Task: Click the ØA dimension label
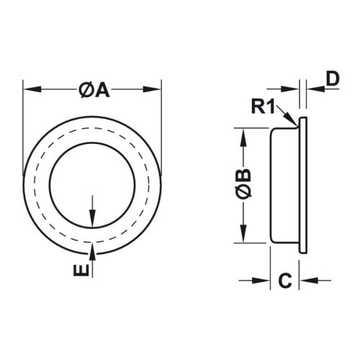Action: click(92, 91)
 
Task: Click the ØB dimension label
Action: click(244, 186)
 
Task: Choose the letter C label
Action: click(285, 281)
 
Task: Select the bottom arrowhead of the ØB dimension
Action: click(244, 239)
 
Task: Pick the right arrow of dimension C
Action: click(306, 281)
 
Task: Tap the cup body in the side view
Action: click(285, 186)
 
